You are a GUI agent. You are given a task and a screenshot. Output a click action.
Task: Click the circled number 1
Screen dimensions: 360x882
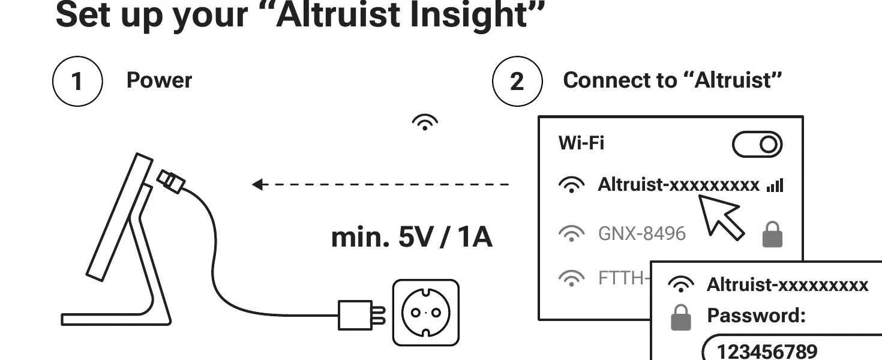[x=77, y=81]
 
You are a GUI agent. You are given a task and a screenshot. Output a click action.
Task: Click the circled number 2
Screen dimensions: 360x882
[x=517, y=81]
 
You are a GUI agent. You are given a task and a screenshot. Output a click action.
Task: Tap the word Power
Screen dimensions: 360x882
[x=159, y=80]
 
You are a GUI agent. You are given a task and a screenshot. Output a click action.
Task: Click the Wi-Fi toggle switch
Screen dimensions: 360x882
[x=757, y=145]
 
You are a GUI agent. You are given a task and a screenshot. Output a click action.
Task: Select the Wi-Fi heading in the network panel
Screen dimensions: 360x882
[x=581, y=143]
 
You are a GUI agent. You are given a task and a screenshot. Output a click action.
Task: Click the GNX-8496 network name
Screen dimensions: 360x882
[x=641, y=233]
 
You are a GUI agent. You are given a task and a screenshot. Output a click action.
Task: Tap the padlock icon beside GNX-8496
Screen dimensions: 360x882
[x=772, y=234]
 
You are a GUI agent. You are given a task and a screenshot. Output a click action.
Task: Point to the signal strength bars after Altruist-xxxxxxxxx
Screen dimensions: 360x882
[x=775, y=186]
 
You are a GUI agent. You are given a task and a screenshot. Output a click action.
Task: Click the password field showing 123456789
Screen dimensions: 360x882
[x=792, y=350]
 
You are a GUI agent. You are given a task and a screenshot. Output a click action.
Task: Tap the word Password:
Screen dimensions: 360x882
[x=756, y=315]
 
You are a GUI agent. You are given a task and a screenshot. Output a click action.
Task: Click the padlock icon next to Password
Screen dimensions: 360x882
[x=680, y=317]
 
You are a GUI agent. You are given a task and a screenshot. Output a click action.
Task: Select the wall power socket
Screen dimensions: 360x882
[x=425, y=313]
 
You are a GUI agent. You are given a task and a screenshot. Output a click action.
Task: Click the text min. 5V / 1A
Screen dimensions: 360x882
[x=412, y=238]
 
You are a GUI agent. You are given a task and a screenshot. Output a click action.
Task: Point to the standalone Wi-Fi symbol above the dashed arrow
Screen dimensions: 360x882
[x=425, y=122]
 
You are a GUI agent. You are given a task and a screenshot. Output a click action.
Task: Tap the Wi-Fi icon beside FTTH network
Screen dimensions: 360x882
[x=571, y=278]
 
